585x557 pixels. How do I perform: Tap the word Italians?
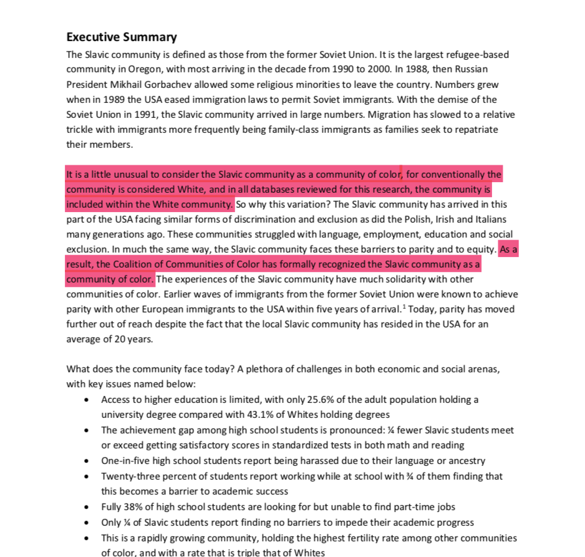click(x=486, y=220)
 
